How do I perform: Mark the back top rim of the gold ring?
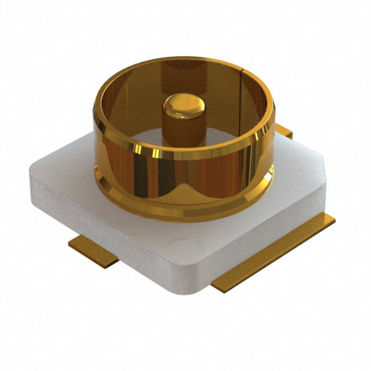185,60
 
